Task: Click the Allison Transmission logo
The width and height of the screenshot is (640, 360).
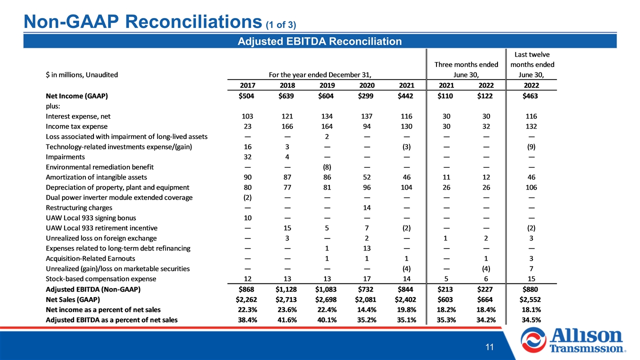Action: point(573,340)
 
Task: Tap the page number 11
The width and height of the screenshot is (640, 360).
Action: point(489,347)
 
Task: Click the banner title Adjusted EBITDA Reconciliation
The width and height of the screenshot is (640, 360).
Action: point(319,41)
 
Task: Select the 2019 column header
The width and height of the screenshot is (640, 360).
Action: point(327,85)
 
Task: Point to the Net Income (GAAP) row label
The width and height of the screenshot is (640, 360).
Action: point(77,96)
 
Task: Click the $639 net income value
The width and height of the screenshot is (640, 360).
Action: point(286,96)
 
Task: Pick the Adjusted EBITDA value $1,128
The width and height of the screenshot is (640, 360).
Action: point(286,289)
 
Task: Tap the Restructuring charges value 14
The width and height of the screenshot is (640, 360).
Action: point(367,207)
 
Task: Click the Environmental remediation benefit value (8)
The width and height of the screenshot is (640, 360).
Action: point(327,167)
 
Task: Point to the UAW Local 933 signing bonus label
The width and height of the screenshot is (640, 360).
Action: point(91,218)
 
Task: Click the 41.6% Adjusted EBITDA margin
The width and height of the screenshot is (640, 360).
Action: point(287,320)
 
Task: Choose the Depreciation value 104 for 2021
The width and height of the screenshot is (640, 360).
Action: point(406,187)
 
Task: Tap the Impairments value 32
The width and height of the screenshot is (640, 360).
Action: point(247,157)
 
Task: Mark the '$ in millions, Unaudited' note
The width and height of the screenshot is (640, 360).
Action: point(81,75)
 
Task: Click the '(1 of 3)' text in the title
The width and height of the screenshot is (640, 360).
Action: point(281,25)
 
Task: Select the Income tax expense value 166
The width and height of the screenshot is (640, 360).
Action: point(287,126)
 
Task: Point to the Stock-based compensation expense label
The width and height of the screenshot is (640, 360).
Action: point(101,279)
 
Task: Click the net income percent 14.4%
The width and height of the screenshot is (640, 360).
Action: point(366,309)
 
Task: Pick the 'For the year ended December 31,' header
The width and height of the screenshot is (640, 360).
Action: point(320,75)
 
